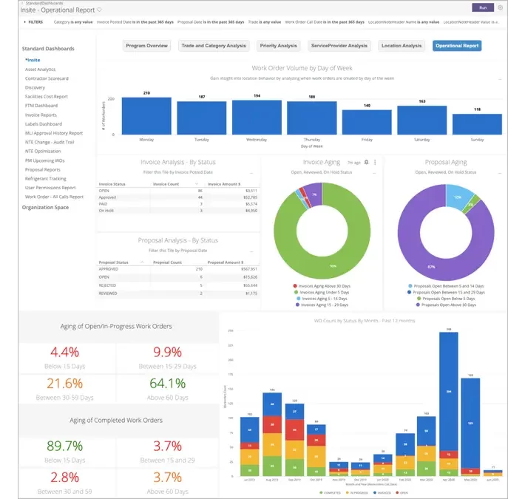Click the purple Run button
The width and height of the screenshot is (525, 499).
(x=483, y=7)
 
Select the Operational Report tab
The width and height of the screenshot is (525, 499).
(x=456, y=46)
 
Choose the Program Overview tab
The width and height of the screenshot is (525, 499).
(x=146, y=46)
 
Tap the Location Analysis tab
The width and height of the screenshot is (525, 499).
(x=401, y=46)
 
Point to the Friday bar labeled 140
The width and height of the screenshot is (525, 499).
(x=367, y=122)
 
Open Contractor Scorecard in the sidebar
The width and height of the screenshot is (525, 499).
(x=47, y=78)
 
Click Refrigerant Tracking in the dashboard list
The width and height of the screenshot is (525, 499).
(x=45, y=179)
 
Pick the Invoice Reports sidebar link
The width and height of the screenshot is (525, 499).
(x=41, y=115)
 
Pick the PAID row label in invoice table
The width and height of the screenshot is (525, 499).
(x=105, y=204)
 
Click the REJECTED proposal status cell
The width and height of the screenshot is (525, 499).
(x=109, y=285)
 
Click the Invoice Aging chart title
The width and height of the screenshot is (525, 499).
(x=321, y=162)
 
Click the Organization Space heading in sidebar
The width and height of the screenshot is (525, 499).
(x=45, y=208)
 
